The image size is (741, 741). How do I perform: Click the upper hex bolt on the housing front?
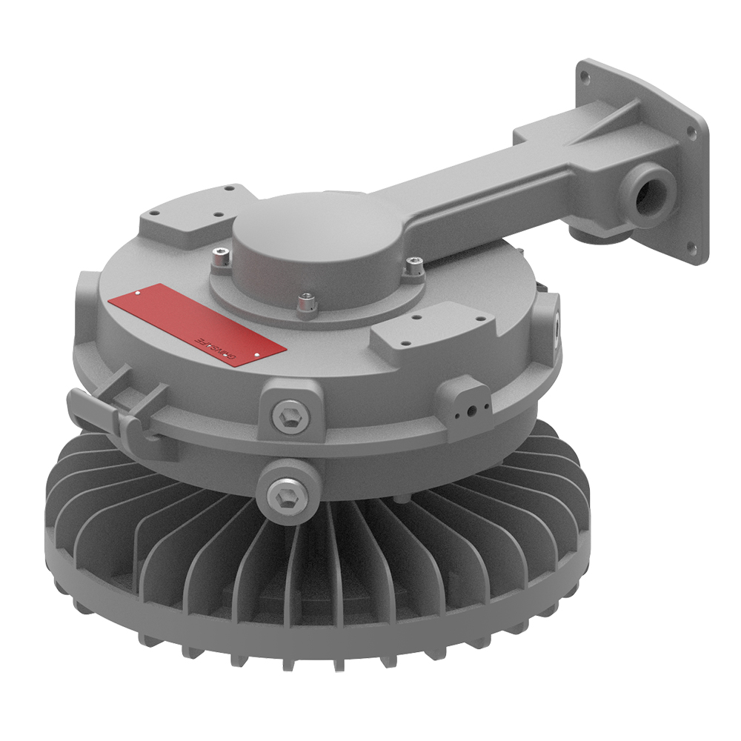287,416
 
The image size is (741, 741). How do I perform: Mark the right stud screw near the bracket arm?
416,265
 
